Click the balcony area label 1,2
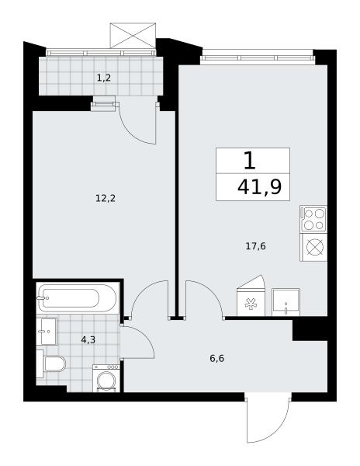pyautogui.click(x=104, y=78)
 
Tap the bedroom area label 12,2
pyautogui.click(x=106, y=198)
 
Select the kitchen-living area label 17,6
pyautogui.click(x=255, y=246)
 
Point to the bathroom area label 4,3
pyautogui.click(x=88, y=339)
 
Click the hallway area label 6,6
pyautogui.click(x=217, y=359)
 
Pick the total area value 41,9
pyautogui.click(x=260, y=187)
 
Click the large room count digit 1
pyautogui.click(x=250, y=161)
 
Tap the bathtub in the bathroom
pyautogui.click(x=78, y=298)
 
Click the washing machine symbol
pyautogui.click(x=106, y=378)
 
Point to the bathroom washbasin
pyautogui.click(x=47, y=332)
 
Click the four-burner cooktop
pyautogui.click(x=313, y=219)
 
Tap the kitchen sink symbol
pyautogui.click(x=286, y=302)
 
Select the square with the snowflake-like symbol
pyautogui.click(x=251, y=302)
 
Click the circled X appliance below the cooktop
pyautogui.click(x=313, y=247)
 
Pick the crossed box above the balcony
pyautogui.click(x=133, y=36)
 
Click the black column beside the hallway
pyautogui.click(x=310, y=329)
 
